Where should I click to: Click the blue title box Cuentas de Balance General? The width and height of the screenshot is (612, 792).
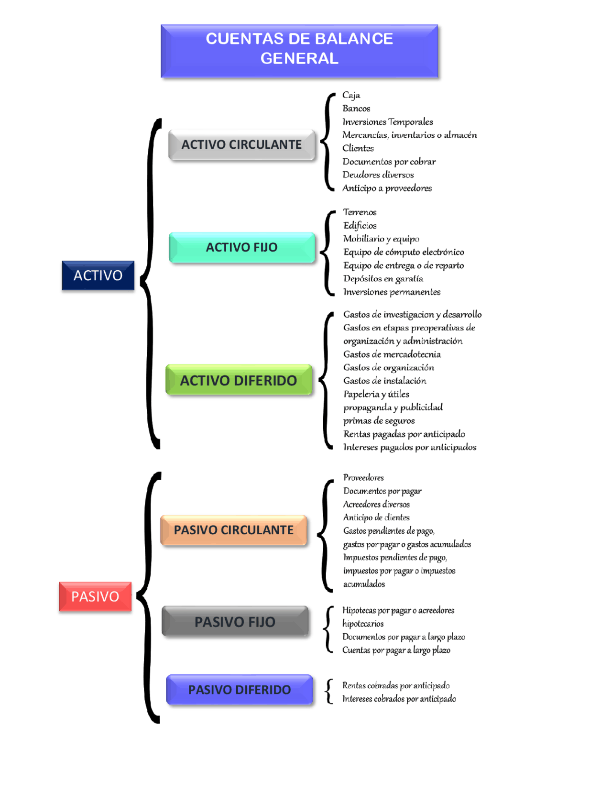[x=299, y=51]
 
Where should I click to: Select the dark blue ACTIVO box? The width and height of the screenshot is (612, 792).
[x=98, y=275]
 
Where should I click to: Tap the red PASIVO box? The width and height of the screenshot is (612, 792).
[x=95, y=596]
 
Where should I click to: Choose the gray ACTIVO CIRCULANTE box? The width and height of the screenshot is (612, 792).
[x=242, y=145]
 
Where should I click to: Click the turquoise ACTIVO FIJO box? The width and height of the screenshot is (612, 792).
[x=242, y=247]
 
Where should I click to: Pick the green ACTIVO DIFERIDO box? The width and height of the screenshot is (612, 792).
[x=239, y=380]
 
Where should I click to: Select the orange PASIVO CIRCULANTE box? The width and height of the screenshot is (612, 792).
[x=234, y=530]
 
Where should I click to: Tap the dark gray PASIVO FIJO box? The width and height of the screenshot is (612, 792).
[x=235, y=621]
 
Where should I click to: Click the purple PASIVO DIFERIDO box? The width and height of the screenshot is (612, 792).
[x=240, y=690]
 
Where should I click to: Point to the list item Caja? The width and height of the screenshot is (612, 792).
[x=351, y=96]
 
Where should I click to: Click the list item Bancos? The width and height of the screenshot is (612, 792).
[x=356, y=108]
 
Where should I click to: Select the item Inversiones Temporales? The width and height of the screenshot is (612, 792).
[x=388, y=122]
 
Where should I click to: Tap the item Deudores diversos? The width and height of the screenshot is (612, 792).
[x=378, y=175]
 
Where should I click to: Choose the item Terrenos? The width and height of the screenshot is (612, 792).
[x=360, y=212]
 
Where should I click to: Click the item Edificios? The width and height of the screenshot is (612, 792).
[x=360, y=226]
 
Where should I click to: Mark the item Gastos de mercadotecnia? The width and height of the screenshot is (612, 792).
[x=392, y=354]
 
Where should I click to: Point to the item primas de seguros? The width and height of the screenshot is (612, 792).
[x=379, y=421]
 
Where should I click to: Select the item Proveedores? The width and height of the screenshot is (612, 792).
[x=363, y=477]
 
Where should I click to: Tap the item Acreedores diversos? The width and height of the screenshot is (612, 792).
[x=376, y=504]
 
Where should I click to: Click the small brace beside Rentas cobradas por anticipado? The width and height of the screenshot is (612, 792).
[x=329, y=691]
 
